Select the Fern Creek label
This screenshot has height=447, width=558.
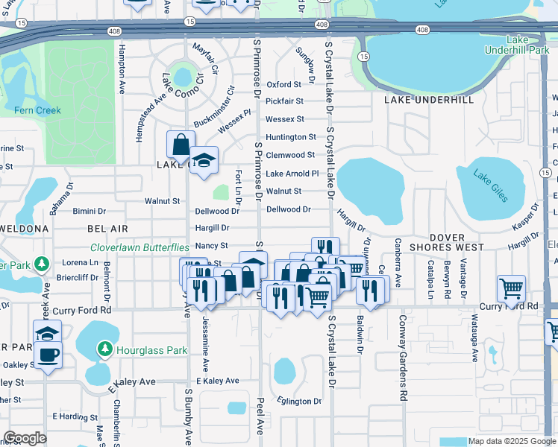37,110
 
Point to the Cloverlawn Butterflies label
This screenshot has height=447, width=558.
139,247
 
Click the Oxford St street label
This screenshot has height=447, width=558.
283,85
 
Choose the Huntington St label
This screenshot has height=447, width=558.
291,137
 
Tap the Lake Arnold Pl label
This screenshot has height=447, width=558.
292,174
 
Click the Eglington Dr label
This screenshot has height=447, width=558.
301,402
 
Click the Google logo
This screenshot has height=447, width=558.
25,438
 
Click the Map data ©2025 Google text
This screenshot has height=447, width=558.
510,441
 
